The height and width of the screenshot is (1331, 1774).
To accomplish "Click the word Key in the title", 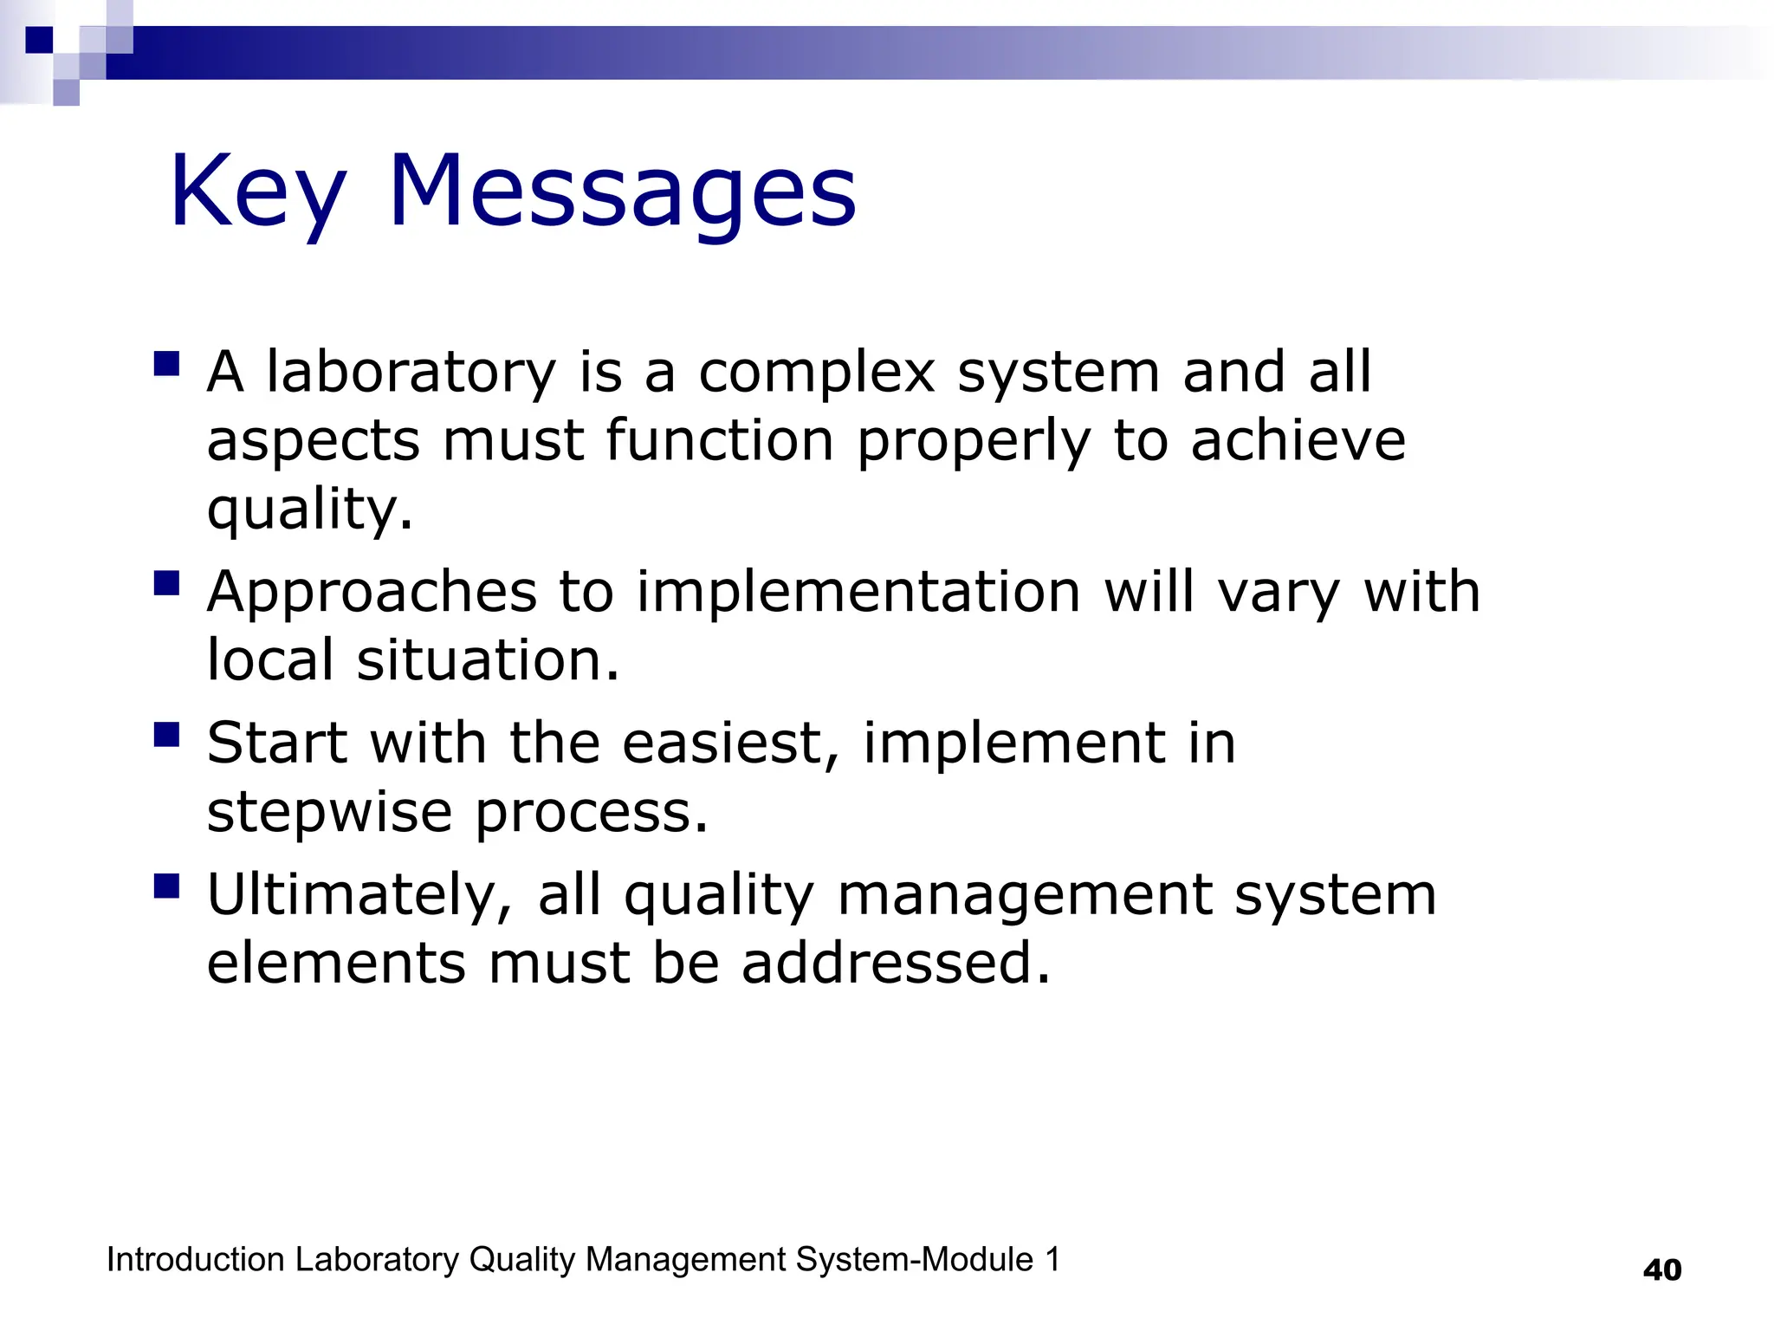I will pyautogui.click(x=257, y=192).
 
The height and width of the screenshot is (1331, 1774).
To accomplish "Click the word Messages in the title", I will pyautogui.click(x=622, y=192).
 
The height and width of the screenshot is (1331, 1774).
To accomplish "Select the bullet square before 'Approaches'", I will pyautogui.click(x=166, y=583).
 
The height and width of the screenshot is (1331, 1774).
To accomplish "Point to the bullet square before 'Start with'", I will pyautogui.click(x=166, y=735).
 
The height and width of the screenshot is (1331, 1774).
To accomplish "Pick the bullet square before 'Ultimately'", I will pyautogui.click(x=166, y=886).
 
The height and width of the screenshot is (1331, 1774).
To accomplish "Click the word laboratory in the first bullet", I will pyautogui.click(x=411, y=373).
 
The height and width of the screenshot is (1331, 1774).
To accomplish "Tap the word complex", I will pyautogui.click(x=817, y=373).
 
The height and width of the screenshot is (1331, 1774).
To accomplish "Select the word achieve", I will pyautogui.click(x=1298, y=441).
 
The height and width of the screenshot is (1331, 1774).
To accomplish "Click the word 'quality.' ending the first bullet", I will pyautogui.click(x=310, y=510).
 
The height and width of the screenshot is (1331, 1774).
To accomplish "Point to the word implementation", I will pyautogui.click(x=858, y=593).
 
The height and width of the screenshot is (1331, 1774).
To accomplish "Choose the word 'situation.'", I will pyautogui.click(x=489, y=661).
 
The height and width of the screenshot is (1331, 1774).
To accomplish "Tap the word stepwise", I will pyautogui.click(x=329, y=814).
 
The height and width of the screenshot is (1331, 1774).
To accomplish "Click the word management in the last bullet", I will pyautogui.click(x=1025, y=895).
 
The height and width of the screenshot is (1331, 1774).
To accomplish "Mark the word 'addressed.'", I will pyautogui.click(x=896, y=964).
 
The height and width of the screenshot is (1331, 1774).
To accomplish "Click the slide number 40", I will pyautogui.click(x=1661, y=1270).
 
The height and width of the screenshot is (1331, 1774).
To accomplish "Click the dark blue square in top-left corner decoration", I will pyautogui.click(x=40, y=40).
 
